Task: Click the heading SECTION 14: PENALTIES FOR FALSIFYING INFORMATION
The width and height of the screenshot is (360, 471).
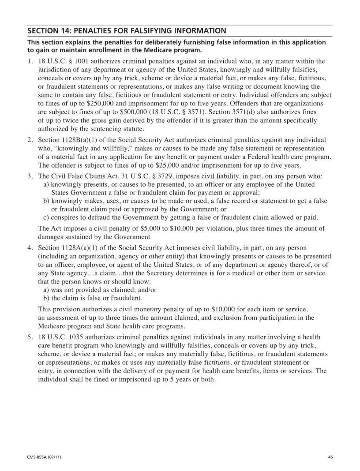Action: (x=127, y=31)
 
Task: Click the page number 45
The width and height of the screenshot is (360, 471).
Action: (x=330, y=457)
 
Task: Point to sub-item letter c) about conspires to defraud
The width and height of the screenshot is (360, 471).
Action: (x=45, y=217)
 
